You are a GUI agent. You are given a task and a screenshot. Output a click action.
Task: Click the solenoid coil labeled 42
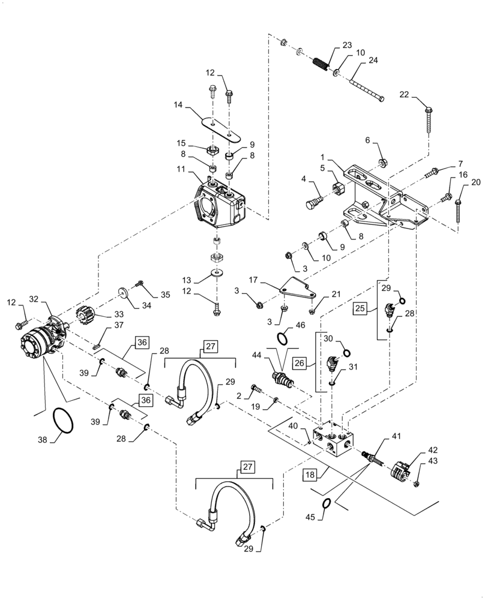tap(400, 467)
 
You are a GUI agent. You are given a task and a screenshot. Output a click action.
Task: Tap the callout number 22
tap(405, 95)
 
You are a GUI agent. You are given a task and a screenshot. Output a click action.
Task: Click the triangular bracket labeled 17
tap(297, 291)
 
